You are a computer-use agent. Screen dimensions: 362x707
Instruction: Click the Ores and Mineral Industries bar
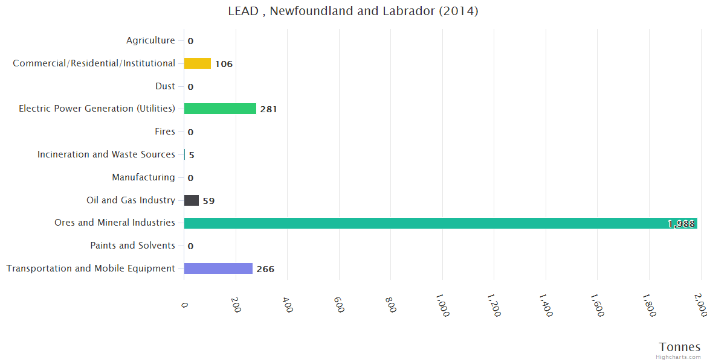click(x=440, y=223)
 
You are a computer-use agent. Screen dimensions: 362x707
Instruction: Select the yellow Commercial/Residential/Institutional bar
click(x=198, y=63)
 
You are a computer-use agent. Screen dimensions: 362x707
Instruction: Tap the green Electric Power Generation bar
click(x=220, y=109)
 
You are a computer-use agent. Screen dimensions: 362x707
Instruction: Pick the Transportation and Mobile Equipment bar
click(x=218, y=268)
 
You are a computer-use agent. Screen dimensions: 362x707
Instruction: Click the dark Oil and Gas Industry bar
click(x=192, y=200)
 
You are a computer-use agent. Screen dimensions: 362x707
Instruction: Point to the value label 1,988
click(x=681, y=224)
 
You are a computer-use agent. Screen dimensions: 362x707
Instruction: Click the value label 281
click(x=268, y=109)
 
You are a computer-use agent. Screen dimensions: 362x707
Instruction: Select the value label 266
click(x=265, y=269)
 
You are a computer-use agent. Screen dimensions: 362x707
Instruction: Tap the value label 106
click(x=224, y=64)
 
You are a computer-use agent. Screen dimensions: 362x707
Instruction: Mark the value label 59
click(x=208, y=201)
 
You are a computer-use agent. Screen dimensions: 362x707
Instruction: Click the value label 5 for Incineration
click(x=192, y=155)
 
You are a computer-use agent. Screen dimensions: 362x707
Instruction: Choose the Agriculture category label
click(x=150, y=40)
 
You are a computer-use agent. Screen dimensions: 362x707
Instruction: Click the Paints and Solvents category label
click(x=132, y=246)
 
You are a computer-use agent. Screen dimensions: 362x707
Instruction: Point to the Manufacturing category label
click(x=143, y=177)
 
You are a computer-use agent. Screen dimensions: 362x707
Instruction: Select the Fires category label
click(x=165, y=132)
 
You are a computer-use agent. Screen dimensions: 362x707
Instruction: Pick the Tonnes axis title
click(x=679, y=346)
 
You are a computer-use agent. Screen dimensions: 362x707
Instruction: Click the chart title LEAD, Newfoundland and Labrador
click(x=353, y=11)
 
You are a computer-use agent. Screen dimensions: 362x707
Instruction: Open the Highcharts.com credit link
click(x=679, y=357)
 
